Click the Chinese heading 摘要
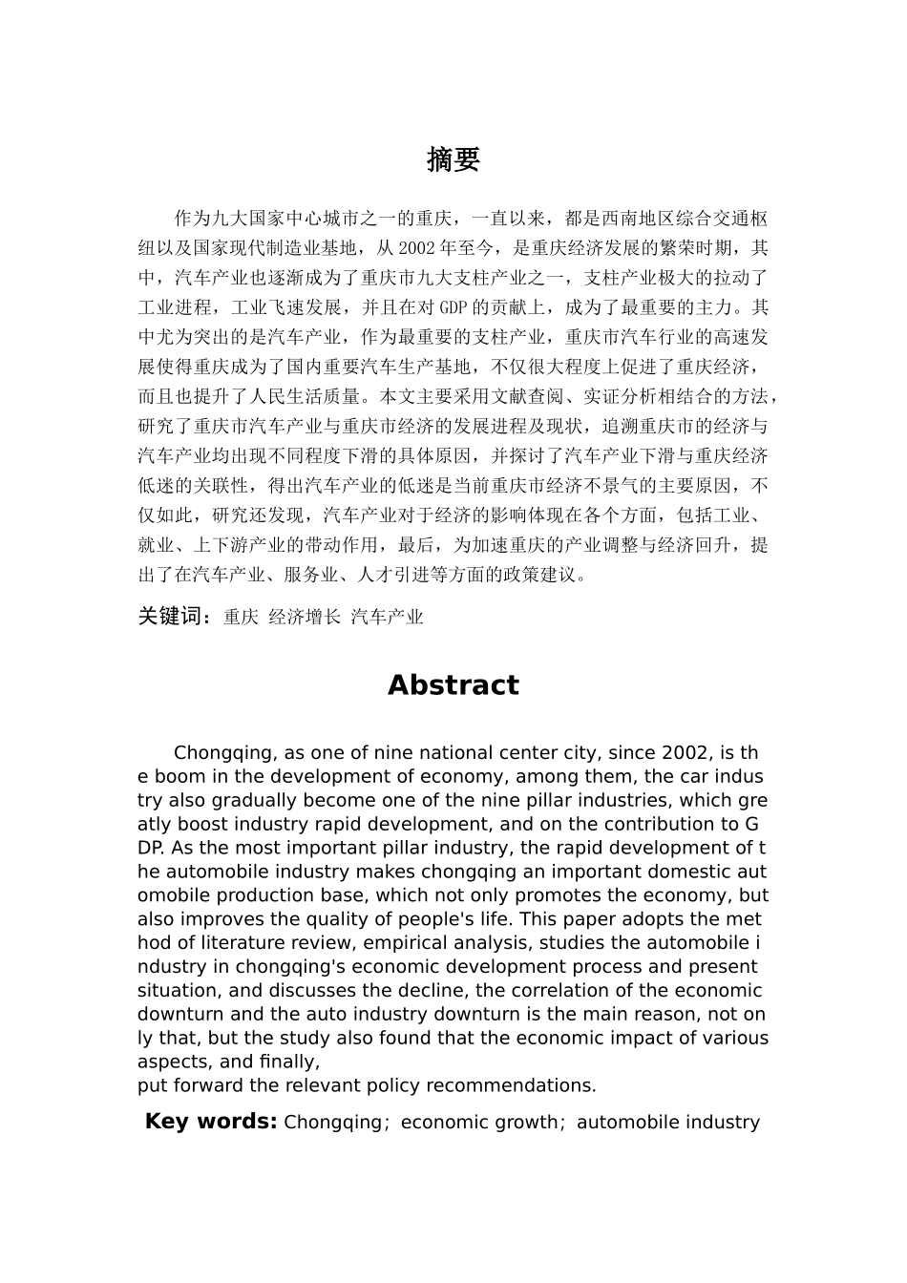click(x=453, y=160)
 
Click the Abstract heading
click(x=453, y=685)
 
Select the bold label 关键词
click(x=173, y=617)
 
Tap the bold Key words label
click(x=210, y=1122)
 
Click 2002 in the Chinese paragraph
click(x=417, y=248)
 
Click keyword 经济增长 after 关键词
click(x=304, y=618)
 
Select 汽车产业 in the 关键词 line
click(x=387, y=618)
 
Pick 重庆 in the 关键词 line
click(x=241, y=618)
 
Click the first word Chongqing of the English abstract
click(x=225, y=753)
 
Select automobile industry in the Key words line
click(x=668, y=1123)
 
